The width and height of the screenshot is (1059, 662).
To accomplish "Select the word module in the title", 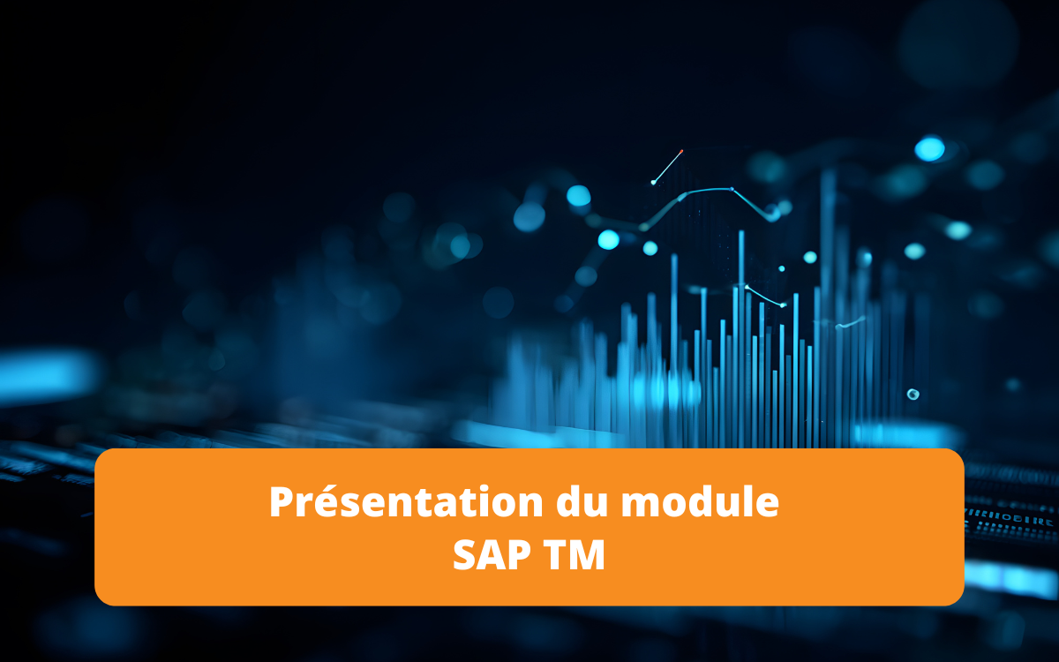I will (x=701, y=502).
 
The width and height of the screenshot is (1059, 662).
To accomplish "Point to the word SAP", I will (x=488, y=556).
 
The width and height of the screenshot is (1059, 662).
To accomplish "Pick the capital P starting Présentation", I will (x=282, y=502).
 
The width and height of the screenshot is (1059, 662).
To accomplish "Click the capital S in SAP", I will (x=466, y=556).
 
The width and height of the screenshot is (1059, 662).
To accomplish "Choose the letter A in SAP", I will (x=489, y=556).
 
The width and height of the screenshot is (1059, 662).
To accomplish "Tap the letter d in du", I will (x=570, y=502).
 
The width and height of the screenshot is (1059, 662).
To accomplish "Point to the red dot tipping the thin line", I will (x=682, y=151).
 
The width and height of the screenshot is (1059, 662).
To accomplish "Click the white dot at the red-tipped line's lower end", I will (x=653, y=183).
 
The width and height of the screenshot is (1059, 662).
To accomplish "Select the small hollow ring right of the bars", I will (x=913, y=394).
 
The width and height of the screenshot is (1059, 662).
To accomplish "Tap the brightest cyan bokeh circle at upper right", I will (x=929, y=149).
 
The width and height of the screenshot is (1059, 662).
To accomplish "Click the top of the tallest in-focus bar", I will (x=741, y=233).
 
